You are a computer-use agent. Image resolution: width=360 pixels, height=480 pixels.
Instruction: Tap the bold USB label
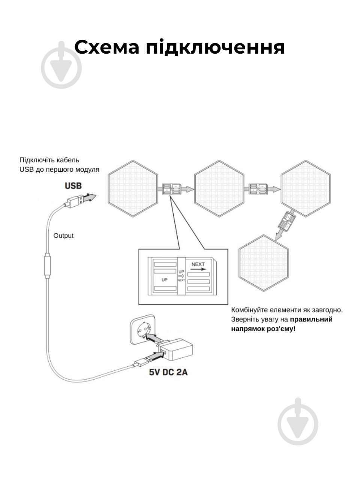(x=73, y=186)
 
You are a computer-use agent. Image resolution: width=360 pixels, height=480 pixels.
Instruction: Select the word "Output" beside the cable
(x=63, y=236)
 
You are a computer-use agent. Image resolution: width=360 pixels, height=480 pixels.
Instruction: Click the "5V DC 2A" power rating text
(x=168, y=373)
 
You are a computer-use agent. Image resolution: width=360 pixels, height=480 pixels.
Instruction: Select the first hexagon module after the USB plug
(x=133, y=189)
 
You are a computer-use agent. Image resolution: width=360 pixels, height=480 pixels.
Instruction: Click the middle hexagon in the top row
(x=219, y=189)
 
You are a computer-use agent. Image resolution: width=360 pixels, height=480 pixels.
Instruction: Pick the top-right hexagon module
(x=306, y=189)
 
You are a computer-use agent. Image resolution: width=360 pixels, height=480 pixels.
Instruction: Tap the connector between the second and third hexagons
(x=258, y=188)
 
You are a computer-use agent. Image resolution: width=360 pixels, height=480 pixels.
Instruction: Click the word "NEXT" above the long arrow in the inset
(x=198, y=264)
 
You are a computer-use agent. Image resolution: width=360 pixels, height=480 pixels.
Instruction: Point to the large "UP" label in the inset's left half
(x=164, y=280)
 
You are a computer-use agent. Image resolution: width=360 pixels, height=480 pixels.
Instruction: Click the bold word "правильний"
(x=311, y=319)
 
